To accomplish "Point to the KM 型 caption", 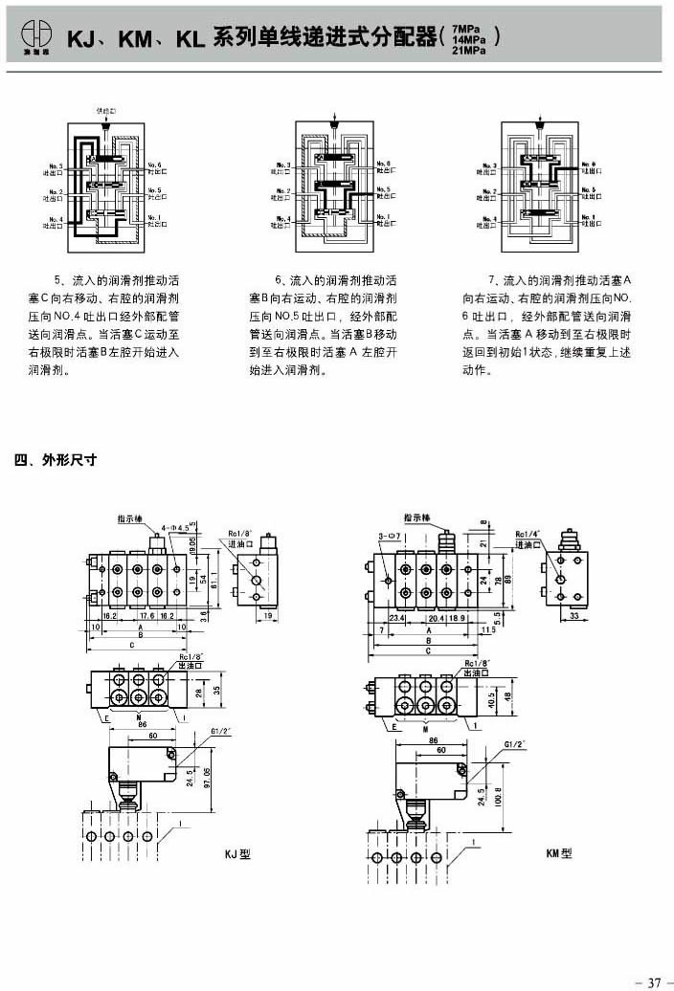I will [558, 853].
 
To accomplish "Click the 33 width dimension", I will [573, 618].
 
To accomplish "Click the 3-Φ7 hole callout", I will [388, 536].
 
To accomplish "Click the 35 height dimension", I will [218, 688].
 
